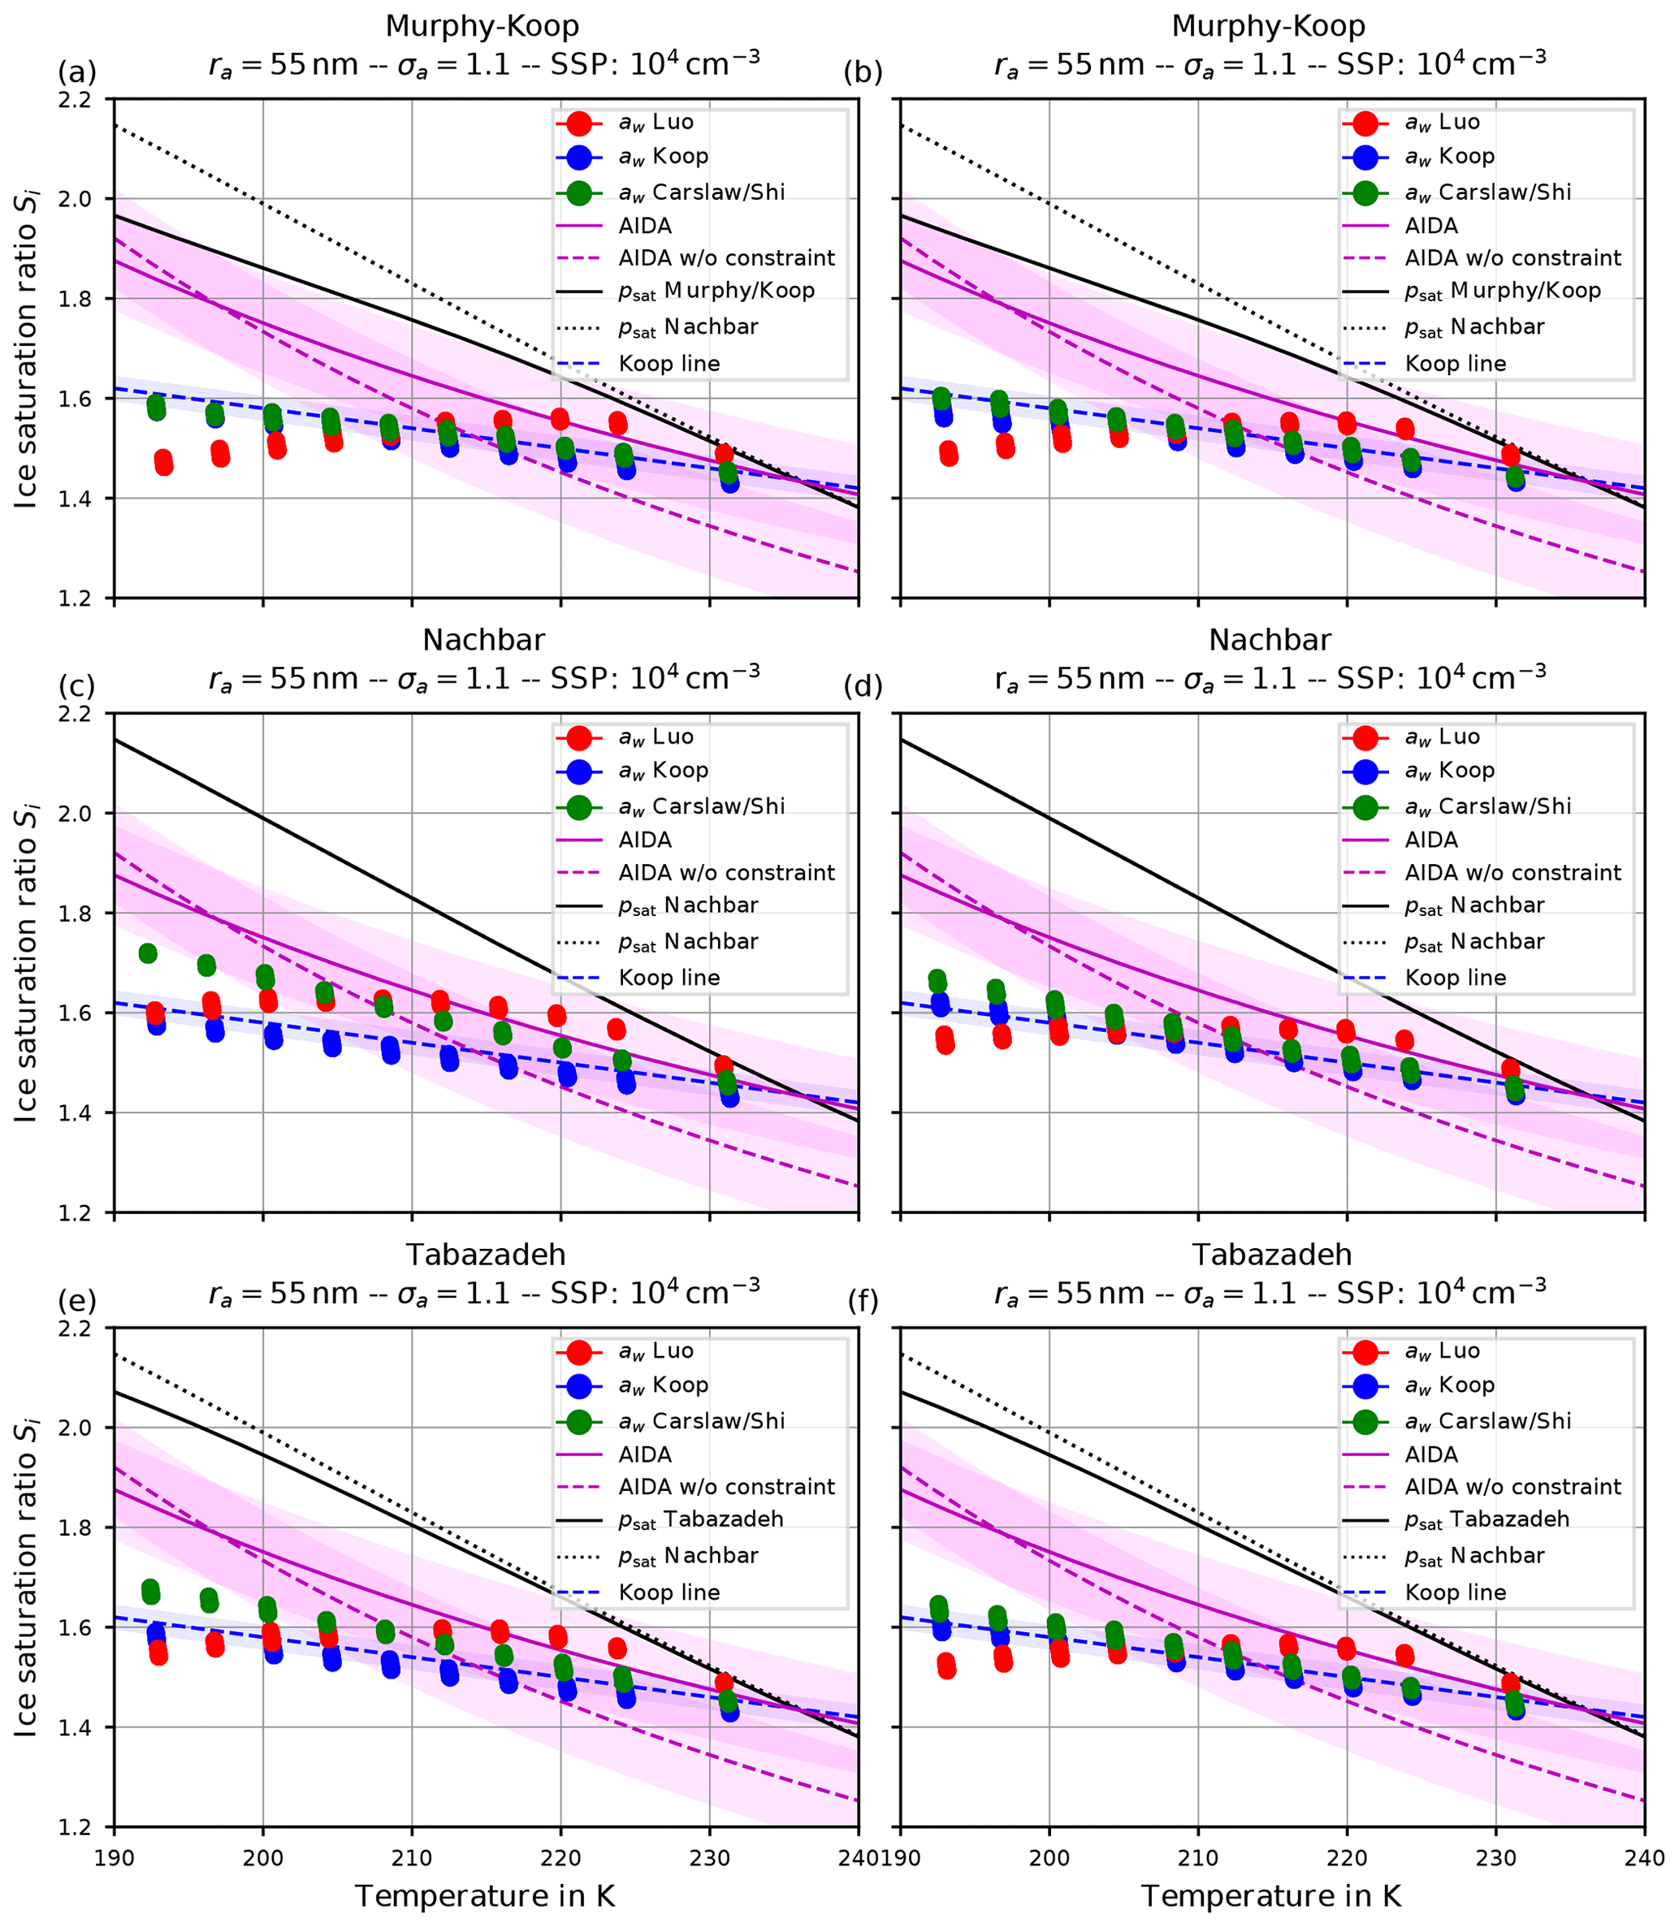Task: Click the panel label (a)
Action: (x=77, y=72)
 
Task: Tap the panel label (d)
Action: (x=862, y=687)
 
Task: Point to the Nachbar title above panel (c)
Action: (x=483, y=641)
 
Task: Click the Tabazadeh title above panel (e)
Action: (x=484, y=1255)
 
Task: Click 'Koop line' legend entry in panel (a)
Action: (x=669, y=364)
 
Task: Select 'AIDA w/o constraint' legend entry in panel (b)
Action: (x=1512, y=257)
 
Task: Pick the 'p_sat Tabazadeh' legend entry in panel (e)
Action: (x=700, y=1519)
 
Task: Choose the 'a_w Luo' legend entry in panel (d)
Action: (x=1442, y=737)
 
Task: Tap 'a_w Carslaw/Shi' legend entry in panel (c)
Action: (x=701, y=806)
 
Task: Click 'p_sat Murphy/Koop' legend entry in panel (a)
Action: (x=716, y=292)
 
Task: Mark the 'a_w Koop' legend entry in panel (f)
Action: (x=1449, y=1385)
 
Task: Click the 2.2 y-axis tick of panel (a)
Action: (x=84, y=99)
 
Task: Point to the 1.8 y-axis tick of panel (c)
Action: (x=84, y=914)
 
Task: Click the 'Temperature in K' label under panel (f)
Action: (x=1270, y=1897)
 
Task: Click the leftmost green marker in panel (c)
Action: (x=147, y=953)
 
